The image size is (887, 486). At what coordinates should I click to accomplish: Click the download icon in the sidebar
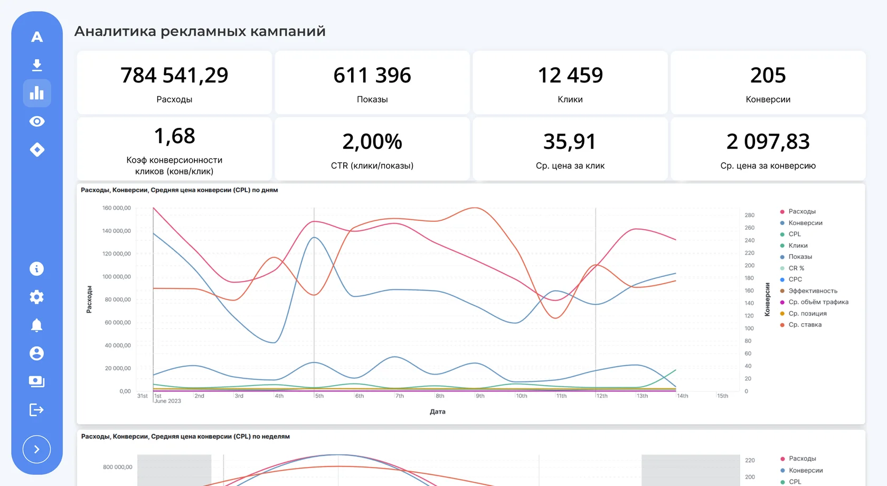tap(37, 65)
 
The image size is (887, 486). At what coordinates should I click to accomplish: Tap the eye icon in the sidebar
tap(37, 121)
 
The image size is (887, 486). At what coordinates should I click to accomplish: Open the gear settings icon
tap(37, 297)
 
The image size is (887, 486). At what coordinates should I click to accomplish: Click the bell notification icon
tap(37, 325)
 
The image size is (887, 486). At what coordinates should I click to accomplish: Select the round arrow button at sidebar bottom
tap(37, 449)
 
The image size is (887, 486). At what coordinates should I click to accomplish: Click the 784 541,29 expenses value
tap(174, 75)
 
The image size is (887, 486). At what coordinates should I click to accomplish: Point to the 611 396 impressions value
tap(372, 75)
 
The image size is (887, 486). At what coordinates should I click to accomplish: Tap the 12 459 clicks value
tap(570, 75)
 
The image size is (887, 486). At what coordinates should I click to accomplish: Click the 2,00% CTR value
tap(372, 142)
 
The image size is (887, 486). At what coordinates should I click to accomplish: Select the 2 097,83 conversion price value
tap(768, 142)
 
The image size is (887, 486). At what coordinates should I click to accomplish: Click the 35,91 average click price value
tap(570, 142)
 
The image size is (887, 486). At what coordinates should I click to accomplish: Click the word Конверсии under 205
tap(768, 99)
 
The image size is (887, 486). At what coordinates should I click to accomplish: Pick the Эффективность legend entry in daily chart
tap(813, 291)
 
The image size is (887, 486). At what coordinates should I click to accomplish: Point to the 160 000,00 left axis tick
tap(116, 208)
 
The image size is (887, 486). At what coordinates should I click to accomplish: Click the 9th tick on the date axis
tap(480, 396)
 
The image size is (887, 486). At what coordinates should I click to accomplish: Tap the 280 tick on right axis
tap(750, 215)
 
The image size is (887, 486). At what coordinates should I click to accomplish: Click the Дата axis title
tap(438, 412)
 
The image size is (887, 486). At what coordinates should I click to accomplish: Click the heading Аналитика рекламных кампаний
tap(200, 31)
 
